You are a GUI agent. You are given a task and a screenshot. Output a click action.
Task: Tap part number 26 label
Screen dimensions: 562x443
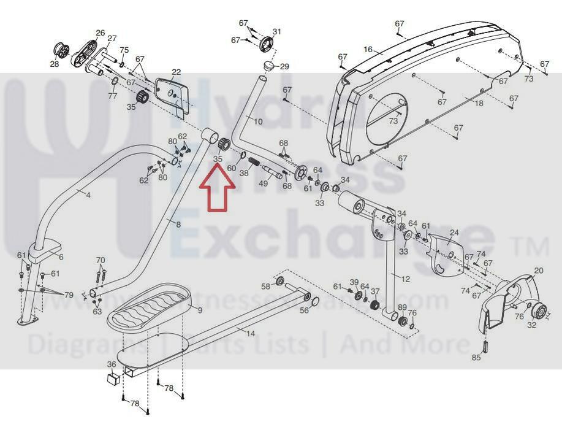point(101,33)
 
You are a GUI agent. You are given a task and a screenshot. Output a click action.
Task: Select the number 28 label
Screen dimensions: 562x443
point(55,63)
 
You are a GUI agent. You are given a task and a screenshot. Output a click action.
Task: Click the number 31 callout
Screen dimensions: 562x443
point(277,32)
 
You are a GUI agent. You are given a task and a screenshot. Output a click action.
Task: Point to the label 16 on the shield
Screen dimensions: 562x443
point(368,50)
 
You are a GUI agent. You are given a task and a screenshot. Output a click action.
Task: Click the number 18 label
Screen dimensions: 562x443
point(479,103)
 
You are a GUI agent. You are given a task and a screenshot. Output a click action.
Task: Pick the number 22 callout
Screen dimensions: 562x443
point(177,72)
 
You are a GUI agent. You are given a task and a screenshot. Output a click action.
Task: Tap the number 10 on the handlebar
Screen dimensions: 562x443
point(258,121)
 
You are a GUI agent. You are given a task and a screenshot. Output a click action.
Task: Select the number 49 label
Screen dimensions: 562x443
point(264,183)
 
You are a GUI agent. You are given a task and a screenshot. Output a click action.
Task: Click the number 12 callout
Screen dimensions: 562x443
point(405,279)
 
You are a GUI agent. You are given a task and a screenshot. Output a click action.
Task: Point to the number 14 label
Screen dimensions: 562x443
point(251,333)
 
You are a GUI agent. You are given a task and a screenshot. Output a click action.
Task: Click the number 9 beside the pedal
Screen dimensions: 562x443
point(200,310)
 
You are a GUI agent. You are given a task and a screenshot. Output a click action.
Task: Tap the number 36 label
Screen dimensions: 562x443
point(112,364)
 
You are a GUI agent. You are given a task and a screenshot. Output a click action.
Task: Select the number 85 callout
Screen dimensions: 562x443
point(476,357)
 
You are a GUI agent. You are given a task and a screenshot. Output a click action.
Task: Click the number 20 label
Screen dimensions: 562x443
point(539,271)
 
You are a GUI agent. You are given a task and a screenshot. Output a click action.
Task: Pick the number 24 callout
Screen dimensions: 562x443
point(454,233)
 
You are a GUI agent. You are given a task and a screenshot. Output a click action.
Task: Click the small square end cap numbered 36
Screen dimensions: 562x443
point(112,377)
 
